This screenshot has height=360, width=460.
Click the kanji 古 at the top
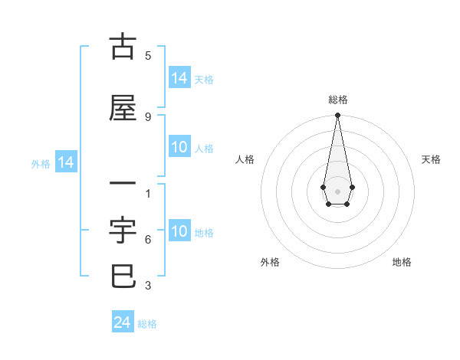[x=123, y=47]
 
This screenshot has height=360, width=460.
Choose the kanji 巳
[x=123, y=277]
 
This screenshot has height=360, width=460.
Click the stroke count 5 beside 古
[x=148, y=55]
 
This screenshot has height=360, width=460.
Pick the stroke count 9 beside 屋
[x=148, y=116]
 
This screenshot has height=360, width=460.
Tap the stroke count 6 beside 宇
[x=148, y=240]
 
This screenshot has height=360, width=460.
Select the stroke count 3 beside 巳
[x=148, y=286]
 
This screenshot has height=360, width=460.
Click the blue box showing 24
[x=123, y=322]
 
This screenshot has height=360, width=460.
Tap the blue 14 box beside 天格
[x=179, y=78]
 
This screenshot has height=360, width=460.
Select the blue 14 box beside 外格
[x=65, y=162]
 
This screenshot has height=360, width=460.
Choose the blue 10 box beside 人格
[x=179, y=147]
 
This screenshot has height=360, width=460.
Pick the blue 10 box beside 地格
[x=179, y=231]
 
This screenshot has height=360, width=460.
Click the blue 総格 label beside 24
[x=147, y=324]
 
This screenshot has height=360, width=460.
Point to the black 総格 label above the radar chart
[x=337, y=100]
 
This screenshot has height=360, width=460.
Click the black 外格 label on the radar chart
[x=270, y=262]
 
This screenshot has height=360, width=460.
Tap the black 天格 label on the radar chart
[x=431, y=159]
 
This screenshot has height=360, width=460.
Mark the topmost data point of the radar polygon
[x=337, y=116]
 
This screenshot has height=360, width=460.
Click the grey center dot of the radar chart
[x=337, y=190]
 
